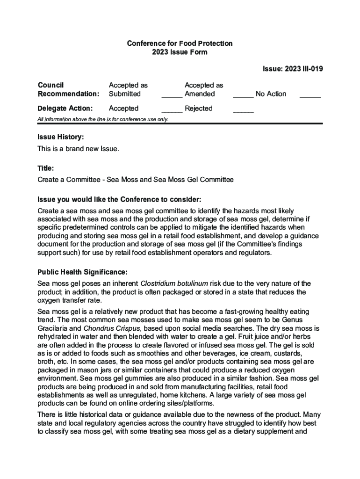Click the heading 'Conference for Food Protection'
point(180,44)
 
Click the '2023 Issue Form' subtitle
point(180,52)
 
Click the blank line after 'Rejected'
point(243,111)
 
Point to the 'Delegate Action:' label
point(65,109)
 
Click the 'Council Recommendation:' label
point(68,89)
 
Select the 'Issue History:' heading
point(61,137)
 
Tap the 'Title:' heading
point(46,167)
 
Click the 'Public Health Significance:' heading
point(82,272)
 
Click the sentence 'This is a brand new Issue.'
point(79,149)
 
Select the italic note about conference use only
point(103,119)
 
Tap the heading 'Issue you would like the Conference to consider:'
point(119,199)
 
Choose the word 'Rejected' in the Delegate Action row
point(199,109)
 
